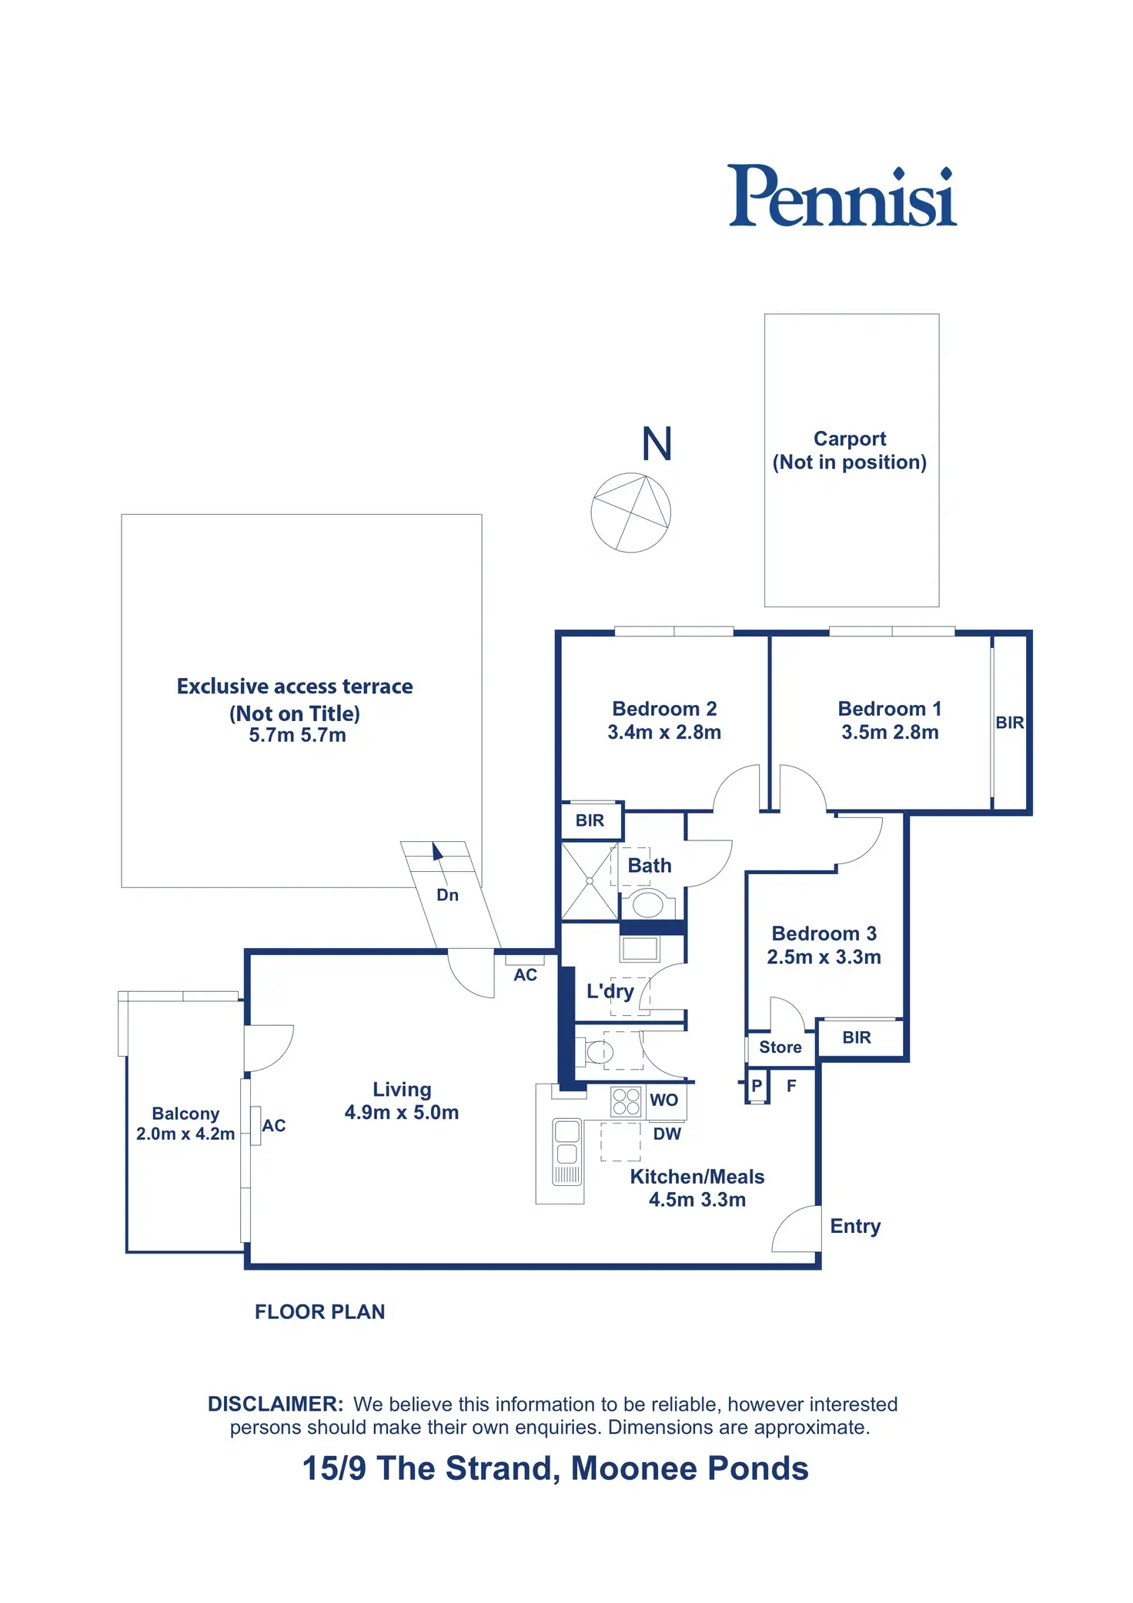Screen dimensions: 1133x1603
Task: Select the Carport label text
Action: pos(850,439)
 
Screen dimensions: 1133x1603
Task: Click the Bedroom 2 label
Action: pos(664,709)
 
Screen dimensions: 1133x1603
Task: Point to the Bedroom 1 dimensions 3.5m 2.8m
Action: pos(890,733)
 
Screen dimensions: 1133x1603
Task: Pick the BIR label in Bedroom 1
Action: pos(1010,723)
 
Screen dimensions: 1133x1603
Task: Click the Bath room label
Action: pos(650,866)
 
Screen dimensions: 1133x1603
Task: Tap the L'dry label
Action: pos(610,991)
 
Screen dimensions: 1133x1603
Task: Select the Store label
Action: pos(780,1047)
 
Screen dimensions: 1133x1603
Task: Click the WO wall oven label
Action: pos(664,1100)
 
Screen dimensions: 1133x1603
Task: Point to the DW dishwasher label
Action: pos(667,1134)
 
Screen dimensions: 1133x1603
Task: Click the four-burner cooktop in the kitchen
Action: pos(627,1101)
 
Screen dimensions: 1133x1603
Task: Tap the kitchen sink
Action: pos(567,1151)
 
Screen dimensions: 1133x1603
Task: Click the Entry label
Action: pos(855,1227)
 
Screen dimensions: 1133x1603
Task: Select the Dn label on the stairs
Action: pos(447,895)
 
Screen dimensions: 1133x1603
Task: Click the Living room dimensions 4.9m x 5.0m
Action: pos(402,1113)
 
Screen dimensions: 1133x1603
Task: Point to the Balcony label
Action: pos(185,1114)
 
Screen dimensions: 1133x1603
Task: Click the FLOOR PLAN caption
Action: pos(320,1312)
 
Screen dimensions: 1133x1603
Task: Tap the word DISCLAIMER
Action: pos(276,1404)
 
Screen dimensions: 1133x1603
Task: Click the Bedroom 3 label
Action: pos(824,933)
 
